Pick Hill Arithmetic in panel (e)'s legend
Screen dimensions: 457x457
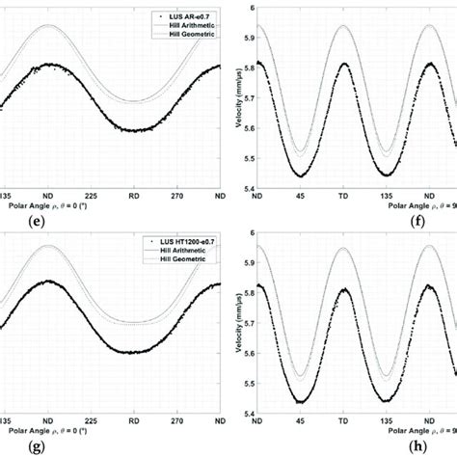point(183,25)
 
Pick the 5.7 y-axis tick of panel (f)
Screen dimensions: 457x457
point(244,98)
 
